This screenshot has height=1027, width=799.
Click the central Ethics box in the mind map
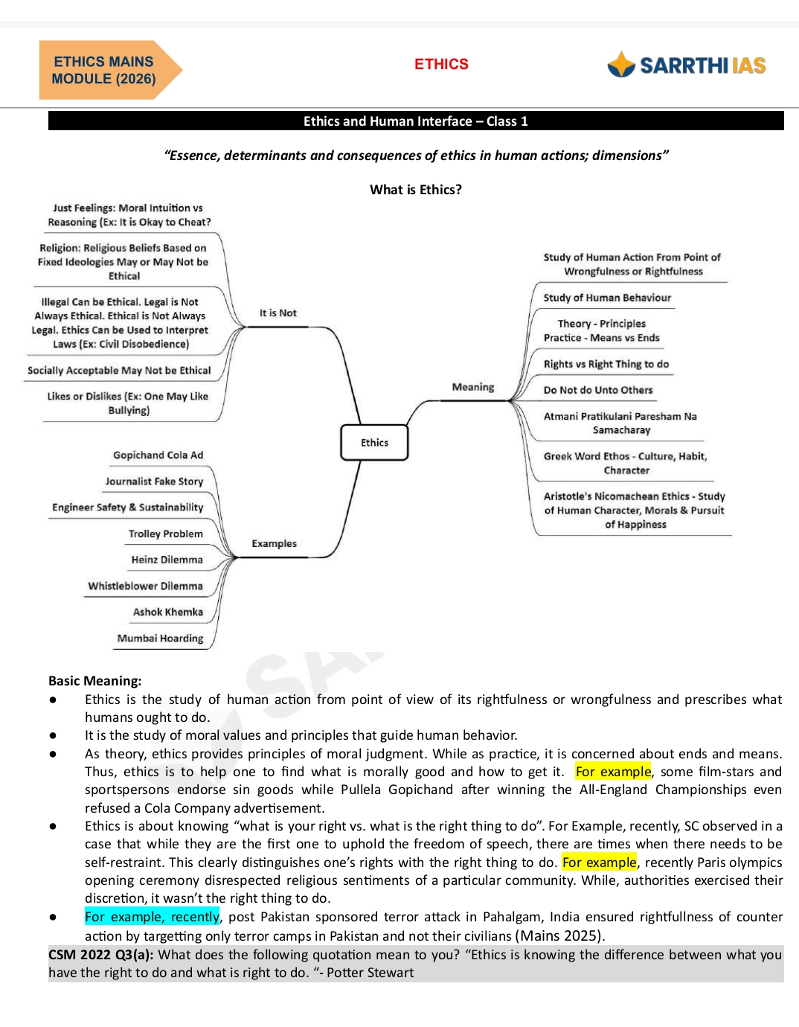(x=374, y=443)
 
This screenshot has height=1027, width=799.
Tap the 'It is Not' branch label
(x=277, y=313)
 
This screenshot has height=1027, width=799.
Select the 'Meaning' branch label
(x=472, y=387)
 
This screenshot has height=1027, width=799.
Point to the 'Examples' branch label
(x=274, y=544)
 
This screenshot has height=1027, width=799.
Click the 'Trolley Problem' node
(x=165, y=534)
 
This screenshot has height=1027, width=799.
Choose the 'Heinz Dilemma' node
(x=167, y=560)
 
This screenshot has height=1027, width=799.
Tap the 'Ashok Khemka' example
(x=167, y=612)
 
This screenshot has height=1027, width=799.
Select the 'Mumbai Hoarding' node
(x=160, y=639)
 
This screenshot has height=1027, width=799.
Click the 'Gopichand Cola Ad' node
(x=158, y=455)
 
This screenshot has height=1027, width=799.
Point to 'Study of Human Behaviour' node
(x=607, y=298)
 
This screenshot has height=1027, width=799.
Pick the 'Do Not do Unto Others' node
(x=597, y=390)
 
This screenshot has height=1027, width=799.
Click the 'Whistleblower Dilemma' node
(x=145, y=586)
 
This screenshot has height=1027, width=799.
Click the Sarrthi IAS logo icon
(x=620, y=65)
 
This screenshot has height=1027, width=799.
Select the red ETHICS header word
(x=441, y=64)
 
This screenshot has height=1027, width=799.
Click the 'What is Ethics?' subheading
(x=415, y=190)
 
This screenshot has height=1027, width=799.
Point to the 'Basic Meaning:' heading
(x=94, y=681)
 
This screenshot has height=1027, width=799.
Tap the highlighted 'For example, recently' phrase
(x=152, y=917)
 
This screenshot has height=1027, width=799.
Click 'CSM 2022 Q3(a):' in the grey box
(x=100, y=955)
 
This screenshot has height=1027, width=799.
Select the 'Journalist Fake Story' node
(x=154, y=481)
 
